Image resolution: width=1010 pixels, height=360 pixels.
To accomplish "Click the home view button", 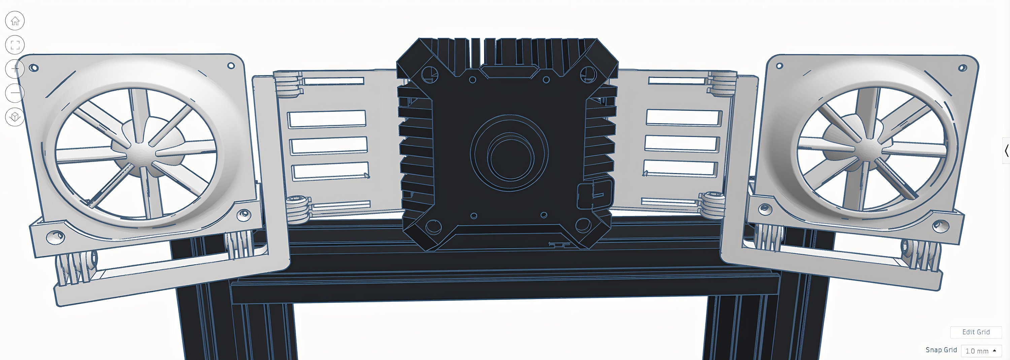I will pos(15,21).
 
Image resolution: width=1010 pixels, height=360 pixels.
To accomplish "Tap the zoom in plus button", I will pos(15,69).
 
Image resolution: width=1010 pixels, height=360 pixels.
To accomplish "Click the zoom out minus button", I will pos(15,93).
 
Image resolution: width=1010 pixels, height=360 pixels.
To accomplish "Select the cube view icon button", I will pos(15,117).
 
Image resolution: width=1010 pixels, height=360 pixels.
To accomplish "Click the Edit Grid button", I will pos(976,332).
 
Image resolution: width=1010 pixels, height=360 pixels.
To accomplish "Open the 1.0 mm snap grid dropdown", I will pos(981,351).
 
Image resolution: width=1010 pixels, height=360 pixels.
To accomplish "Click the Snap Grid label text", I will pos(941,350).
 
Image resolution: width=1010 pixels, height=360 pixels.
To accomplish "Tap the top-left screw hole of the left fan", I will pos(34,68).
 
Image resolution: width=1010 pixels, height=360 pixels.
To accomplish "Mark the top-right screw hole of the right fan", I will pos(962,68).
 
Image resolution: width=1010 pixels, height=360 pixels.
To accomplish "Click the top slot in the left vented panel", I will pos(333,81).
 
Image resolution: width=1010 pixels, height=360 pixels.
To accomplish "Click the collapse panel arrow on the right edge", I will pos(1006,151).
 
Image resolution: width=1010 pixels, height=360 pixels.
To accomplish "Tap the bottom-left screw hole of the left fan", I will pos(55,236).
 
